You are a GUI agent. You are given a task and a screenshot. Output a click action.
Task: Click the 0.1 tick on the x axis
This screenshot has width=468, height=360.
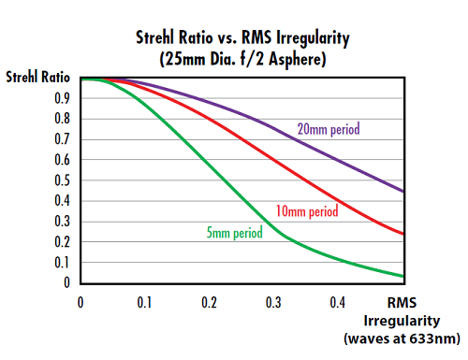tap(145, 303)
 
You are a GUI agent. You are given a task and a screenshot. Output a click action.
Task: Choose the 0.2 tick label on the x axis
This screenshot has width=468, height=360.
tap(210, 303)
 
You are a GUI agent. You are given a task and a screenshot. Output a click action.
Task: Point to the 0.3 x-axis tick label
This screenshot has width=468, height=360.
tap(274, 303)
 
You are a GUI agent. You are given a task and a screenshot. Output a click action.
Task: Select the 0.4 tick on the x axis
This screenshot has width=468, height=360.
tap(339, 303)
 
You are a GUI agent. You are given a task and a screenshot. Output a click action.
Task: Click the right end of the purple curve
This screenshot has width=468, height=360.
tap(403, 192)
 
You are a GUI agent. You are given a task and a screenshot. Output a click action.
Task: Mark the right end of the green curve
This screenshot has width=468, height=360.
tap(403, 276)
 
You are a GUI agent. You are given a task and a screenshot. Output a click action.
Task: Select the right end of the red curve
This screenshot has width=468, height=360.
tap(403, 234)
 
